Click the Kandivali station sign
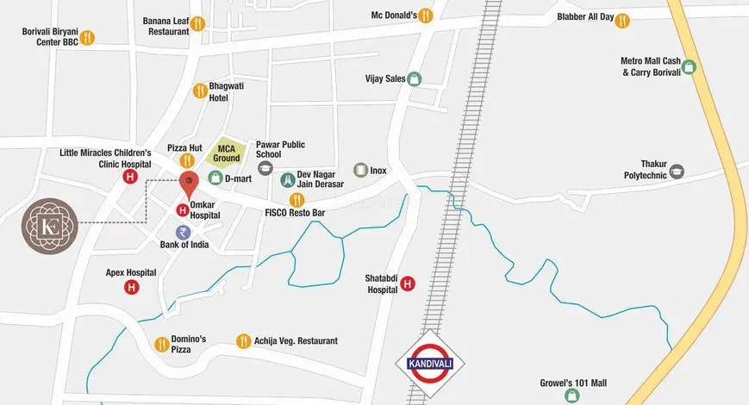coord(429,361)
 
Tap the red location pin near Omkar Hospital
coord(188,182)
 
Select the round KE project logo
coord(48,226)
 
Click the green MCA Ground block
coord(226,153)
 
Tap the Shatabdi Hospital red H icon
coord(408,283)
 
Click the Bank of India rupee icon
coord(183,232)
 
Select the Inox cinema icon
coord(360,171)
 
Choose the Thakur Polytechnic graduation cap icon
coord(677,171)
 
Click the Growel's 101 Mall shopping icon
coord(571,396)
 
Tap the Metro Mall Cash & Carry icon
coord(689,66)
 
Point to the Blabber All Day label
coord(585,17)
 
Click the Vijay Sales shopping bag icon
coord(415,78)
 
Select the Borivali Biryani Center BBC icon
coord(87,37)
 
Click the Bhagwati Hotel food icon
coord(200,90)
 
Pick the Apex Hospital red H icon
coord(131,287)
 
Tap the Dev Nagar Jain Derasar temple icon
coord(288,180)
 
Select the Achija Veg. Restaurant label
coord(296,341)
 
